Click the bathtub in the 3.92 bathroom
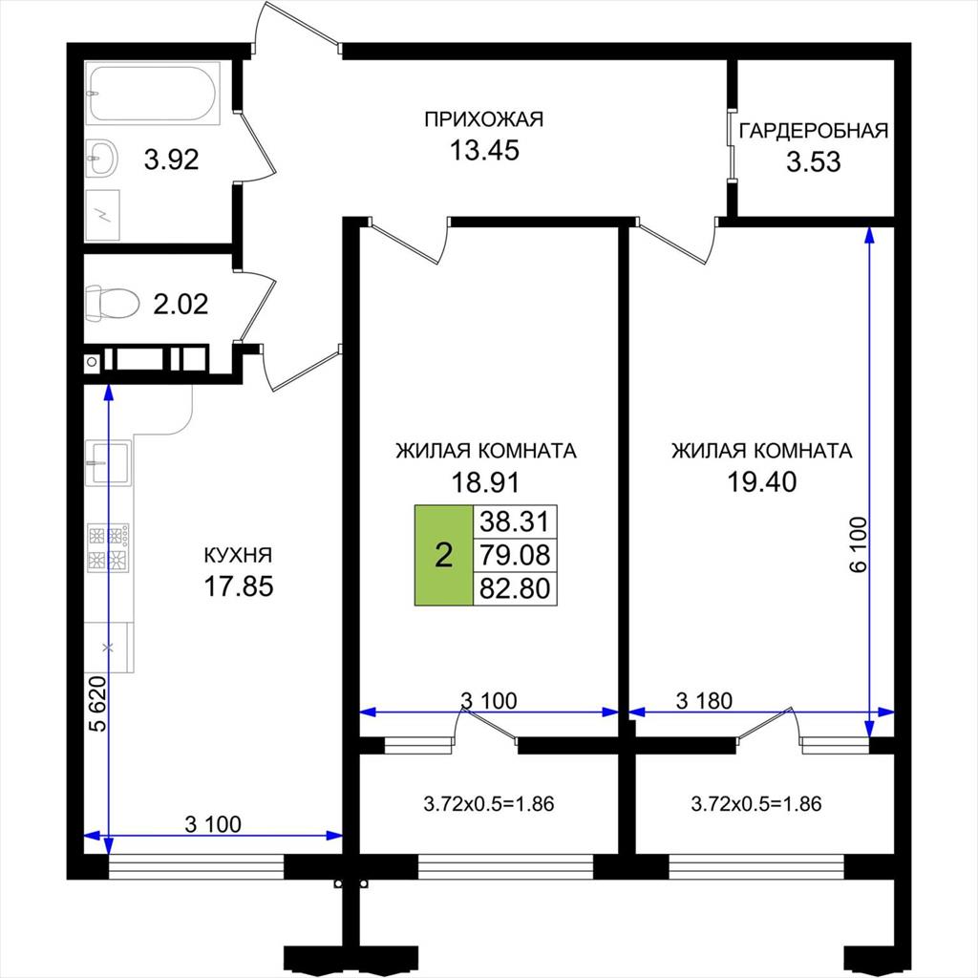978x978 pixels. [154, 94]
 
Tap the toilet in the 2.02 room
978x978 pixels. [112, 304]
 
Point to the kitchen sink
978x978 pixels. [109, 462]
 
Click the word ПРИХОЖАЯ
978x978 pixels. [484, 119]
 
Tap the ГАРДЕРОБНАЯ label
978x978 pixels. [814, 131]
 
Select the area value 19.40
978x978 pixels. [762, 482]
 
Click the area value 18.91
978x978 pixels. [485, 482]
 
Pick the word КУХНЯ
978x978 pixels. [238, 555]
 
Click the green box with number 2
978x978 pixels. [443, 555]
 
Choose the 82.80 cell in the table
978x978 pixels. [515, 588]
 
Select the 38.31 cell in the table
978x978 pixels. [515, 521]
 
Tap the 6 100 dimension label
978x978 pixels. [859, 544]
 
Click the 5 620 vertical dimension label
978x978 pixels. [98, 703]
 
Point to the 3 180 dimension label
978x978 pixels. [704, 701]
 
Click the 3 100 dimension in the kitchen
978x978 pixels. [213, 824]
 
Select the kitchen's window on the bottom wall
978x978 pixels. [196, 866]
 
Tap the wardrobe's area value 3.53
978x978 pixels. [814, 162]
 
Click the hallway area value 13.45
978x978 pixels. [484, 150]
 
